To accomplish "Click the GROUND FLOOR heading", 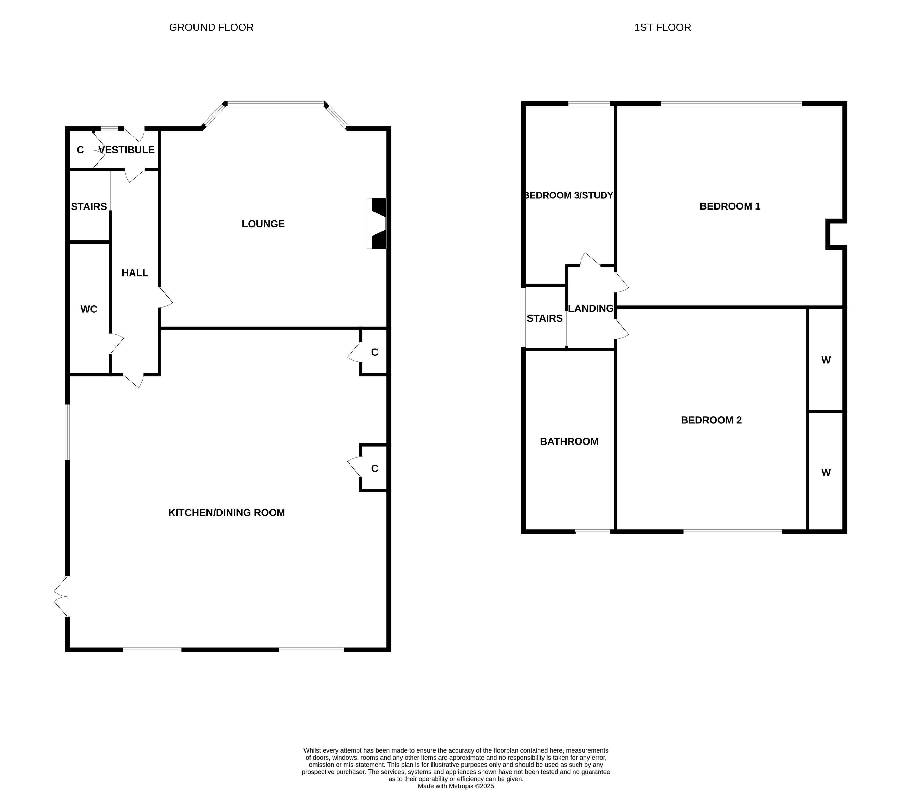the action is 211,27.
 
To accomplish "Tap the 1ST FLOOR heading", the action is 662,27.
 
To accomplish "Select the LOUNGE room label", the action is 263,224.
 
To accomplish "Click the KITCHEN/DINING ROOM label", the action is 227,513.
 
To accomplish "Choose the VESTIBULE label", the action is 127,150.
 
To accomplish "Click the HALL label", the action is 135,273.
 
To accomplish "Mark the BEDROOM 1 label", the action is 730,206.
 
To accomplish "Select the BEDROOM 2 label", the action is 711,420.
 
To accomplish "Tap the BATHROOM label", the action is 569,441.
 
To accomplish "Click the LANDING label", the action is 591,309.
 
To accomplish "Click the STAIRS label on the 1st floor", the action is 545,318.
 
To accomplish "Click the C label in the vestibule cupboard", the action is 80,150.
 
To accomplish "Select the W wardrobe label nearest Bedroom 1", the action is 826,360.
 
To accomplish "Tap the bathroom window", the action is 593,532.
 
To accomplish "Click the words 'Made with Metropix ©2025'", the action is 456,786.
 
